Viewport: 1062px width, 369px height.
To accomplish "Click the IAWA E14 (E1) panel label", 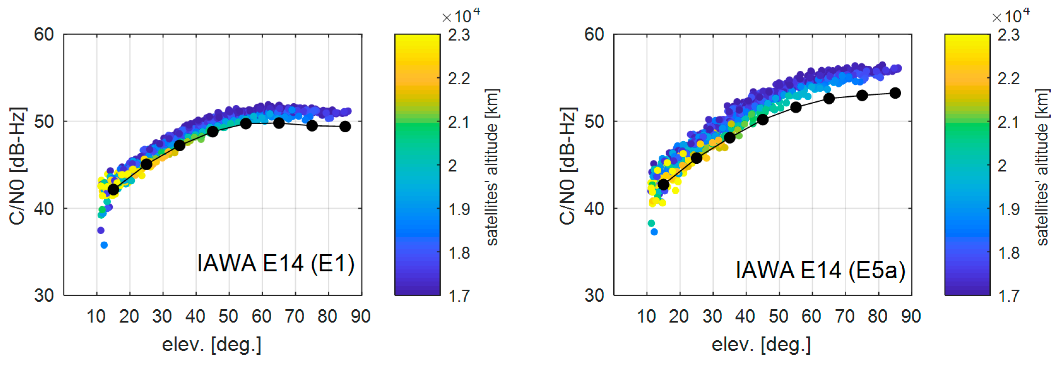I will [x=276, y=263].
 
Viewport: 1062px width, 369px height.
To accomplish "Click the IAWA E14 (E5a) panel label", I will [x=820, y=270].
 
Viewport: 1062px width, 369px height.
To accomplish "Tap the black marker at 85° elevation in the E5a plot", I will [x=895, y=93].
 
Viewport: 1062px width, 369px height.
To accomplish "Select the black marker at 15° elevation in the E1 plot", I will [x=113, y=190].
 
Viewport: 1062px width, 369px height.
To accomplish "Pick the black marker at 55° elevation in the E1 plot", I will [x=246, y=124].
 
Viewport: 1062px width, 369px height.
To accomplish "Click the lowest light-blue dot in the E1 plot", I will [x=104, y=245].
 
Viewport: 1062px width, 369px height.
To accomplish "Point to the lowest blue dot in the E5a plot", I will [x=654, y=232].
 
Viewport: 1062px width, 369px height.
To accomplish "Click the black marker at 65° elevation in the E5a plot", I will [x=829, y=99].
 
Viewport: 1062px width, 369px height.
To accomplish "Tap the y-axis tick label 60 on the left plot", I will [x=44, y=35].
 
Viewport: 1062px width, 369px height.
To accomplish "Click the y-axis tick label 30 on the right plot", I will [x=594, y=295].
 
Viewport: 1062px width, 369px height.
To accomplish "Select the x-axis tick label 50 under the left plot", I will [x=228, y=317].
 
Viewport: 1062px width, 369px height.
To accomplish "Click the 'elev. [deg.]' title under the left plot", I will [x=211, y=345].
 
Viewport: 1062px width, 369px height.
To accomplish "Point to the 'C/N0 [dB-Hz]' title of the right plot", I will [x=567, y=165].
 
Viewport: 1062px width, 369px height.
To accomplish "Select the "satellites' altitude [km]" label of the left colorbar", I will [x=492, y=167].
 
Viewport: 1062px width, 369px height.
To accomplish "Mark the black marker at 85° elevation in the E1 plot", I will [x=345, y=127].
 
